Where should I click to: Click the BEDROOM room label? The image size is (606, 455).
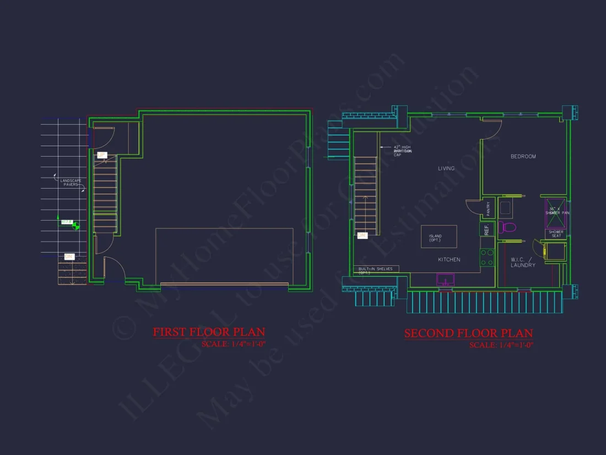pyautogui.click(x=523, y=157)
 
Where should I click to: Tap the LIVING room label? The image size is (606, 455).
pyautogui.click(x=446, y=168)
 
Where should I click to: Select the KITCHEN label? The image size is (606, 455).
pyautogui.click(x=449, y=259)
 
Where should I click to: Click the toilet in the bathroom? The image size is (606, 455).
pyautogui.click(x=507, y=227)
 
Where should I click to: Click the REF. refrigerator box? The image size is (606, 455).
pyautogui.click(x=486, y=230)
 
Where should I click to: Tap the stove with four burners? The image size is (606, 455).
pyautogui.click(x=487, y=258)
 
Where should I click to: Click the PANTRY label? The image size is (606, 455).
pyautogui.click(x=488, y=208)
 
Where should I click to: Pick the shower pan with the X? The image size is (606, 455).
pyautogui.click(x=555, y=212)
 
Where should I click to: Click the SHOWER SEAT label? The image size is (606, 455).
pyautogui.click(x=555, y=234)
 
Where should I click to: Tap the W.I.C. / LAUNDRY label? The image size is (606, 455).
pyautogui.click(x=522, y=262)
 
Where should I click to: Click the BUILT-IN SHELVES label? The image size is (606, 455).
pyautogui.click(x=375, y=270)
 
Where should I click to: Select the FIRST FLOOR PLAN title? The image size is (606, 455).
pyautogui.click(x=209, y=332)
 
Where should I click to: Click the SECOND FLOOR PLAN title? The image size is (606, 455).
pyautogui.click(x=468, y=333)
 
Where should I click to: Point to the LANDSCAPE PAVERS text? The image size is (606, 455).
pyautogui.click(x=70, y=183)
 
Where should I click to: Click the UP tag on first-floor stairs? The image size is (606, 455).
pyautogui.click(x=102, y=156)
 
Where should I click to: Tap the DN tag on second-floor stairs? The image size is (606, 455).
pyautogui.click(x=362, y=235)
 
